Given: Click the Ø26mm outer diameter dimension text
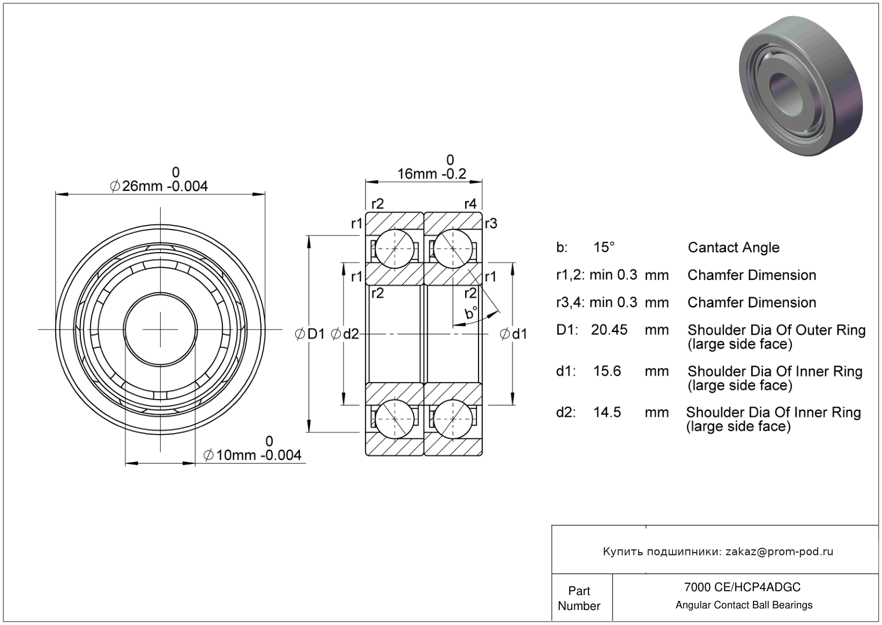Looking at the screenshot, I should tap(159, 186).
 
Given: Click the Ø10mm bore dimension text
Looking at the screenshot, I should tap(252, 455).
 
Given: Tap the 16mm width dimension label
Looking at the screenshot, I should tap(431, 174).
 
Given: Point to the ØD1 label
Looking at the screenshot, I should tap(310, 334).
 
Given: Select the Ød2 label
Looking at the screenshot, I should tap(345, 334).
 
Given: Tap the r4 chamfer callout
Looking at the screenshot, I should tap(470, 204).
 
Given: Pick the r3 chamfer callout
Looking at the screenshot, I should tap(490, 223).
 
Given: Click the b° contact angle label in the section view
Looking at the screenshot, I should tap(471, 313).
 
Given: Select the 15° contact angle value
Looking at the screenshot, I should tap(604, 247).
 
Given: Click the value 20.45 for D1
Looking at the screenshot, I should tap(609, 329).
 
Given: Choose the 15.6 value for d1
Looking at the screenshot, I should tap(607, 371).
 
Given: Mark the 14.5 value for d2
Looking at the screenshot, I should tap(607, 412).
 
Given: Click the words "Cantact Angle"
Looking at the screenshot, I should tap(733, 247).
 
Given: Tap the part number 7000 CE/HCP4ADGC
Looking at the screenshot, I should tap(742, 587).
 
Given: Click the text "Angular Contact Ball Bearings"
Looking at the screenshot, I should tap(744, 605).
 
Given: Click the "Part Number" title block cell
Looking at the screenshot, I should tap(579, 598).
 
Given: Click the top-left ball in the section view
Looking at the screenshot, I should tap(395, 248).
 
